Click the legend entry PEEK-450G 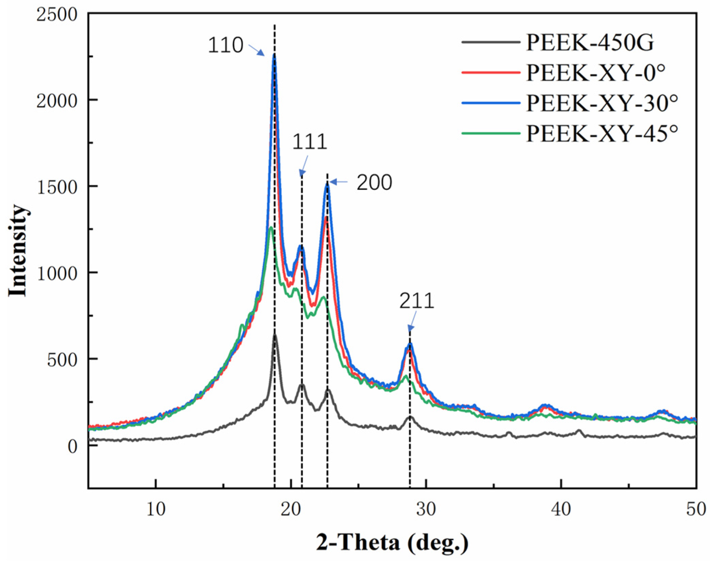pyautogui.click(x=589, y=43)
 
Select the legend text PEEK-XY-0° pyautogui.click(x=595, y=73)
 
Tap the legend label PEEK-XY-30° pyautogui.click(x=602, y=103)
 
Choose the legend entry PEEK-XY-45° pyautogui.click(x=602, y=133)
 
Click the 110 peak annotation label pyautogui.click(x=225, y=45)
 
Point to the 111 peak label pyautogui.click(x=309, y=142)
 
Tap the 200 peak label pyautogui.click(x=374, y=183)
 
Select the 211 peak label pyautogui.click(x=416, y=301)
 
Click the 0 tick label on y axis pyautogui.click(x=72, y=446)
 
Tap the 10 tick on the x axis pyautogui.click(x=156, y=509)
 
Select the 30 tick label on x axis pyautogui.click(x=426, y=509)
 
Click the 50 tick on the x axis pyautogui.click(x=696, y=509)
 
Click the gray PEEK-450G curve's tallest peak pyautogui.click(x=275, y=335)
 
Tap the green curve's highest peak pyautogui.click(x=271, y=228)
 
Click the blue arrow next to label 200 pyautogui.click(x=338, y=182)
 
